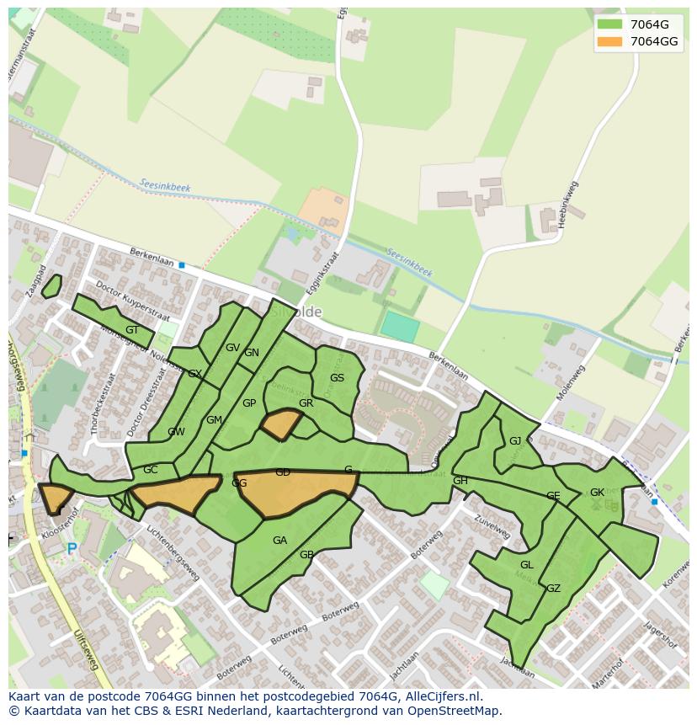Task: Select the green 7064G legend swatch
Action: click(609, 24)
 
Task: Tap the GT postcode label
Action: click(132, 330)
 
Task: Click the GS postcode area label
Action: click(337, 378)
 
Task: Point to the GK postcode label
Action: click(597, 493)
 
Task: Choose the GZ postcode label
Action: click(553, 589)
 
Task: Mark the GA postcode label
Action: click(279, 541)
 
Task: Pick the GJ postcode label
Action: click(515, 441)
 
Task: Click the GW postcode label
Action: click(176, 432)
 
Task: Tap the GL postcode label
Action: click(527, 565)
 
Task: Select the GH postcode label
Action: click(460, 481)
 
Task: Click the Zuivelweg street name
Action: click(492, 528)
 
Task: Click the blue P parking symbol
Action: click(72, 549)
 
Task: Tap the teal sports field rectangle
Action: click(400, 327)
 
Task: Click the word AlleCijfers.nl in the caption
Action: click(441, 696)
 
